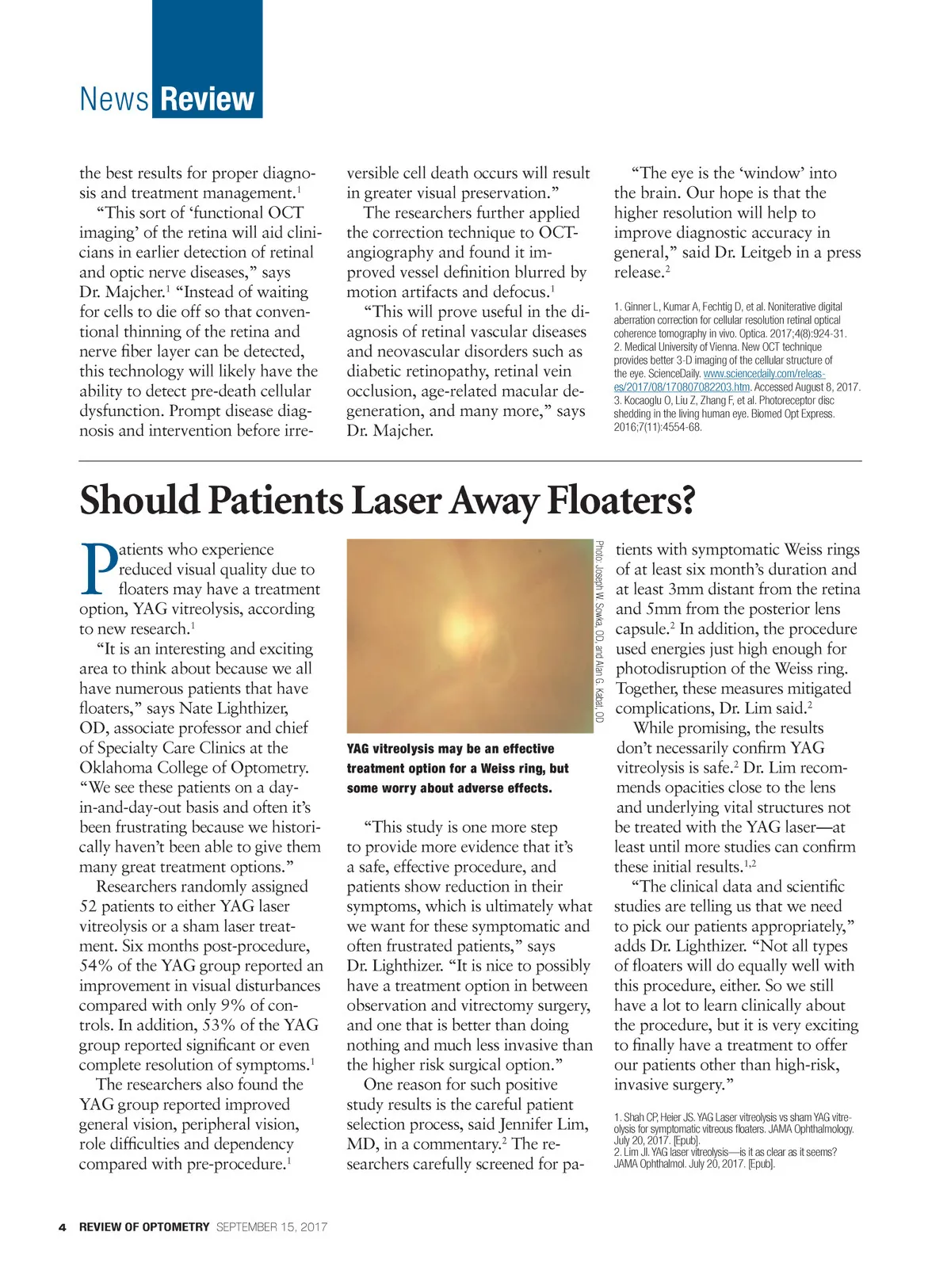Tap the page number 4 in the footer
click(x=62, y=1227)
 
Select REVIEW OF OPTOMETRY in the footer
click(x=144, y=1227)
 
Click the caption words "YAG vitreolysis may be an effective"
click(x=450, y=749)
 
